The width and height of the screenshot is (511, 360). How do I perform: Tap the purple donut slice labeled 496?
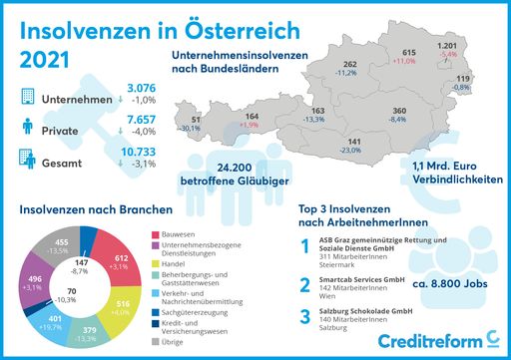(33, 282)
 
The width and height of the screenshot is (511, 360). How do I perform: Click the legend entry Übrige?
(174, 342)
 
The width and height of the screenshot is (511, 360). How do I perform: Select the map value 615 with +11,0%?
(407, 52)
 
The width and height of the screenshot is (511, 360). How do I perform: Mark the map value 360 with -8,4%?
(398, 111)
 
